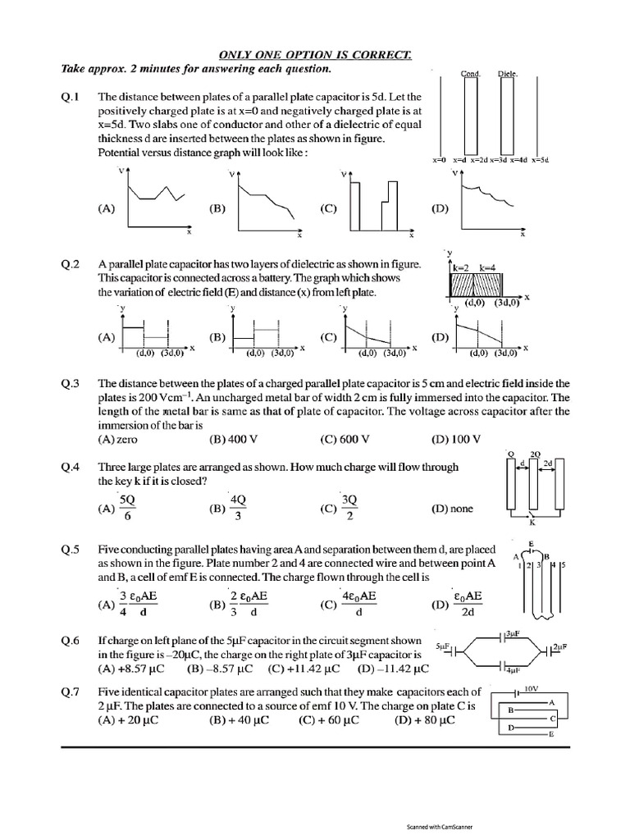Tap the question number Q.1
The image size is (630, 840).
pos(71,97)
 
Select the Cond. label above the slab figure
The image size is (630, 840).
pos(471,74)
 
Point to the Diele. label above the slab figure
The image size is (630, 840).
pos(508,74)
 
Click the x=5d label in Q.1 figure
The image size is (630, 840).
pos(539,159)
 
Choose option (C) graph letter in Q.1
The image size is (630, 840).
pos(329,208)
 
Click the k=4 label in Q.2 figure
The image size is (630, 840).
pos(489,267)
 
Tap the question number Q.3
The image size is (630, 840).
pos(71,383)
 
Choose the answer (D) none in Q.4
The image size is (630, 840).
pos(452,509)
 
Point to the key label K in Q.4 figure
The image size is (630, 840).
pos(532,523)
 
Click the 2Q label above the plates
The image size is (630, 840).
pos(536,454)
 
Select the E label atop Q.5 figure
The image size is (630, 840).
pos(532,544)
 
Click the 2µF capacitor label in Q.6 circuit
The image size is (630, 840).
pos(558,647)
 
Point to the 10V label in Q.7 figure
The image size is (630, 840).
pos(531,688)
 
